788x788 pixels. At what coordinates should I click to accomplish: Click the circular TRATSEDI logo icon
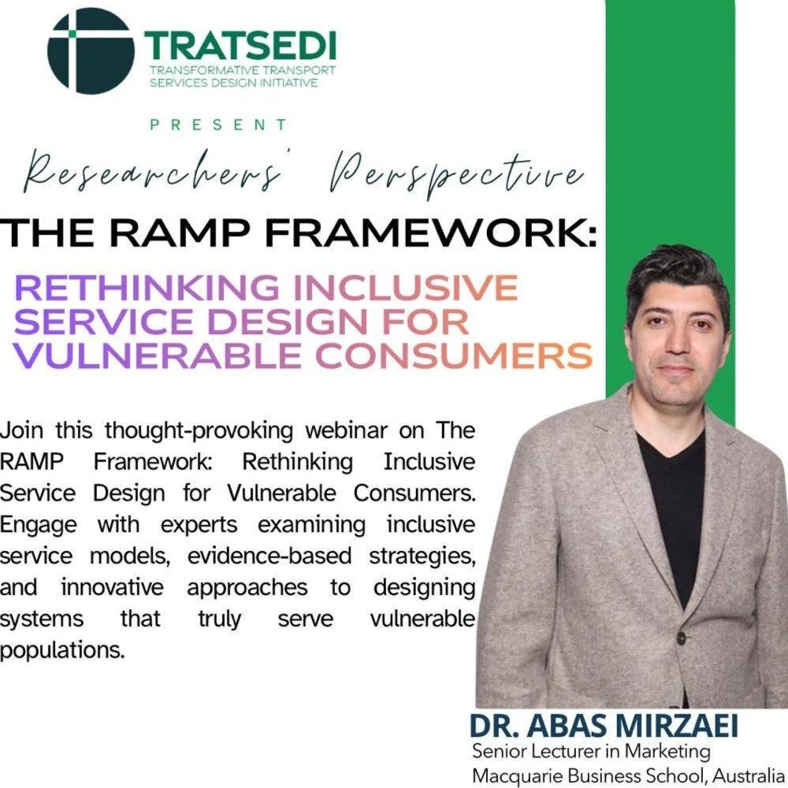tap(90, 50)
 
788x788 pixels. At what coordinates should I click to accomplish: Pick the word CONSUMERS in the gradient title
tap(454, 355)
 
